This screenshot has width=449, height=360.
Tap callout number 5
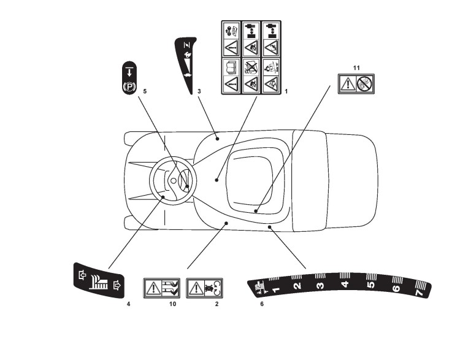click(145, 91)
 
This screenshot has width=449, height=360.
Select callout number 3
click(199, 91)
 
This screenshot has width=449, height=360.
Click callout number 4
click(128, 304)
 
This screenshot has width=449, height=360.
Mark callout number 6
click(262, 304)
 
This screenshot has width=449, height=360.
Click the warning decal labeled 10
click(162, 287)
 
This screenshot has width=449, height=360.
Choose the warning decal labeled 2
click(205, 287)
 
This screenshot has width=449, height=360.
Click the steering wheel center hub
click(173, 181)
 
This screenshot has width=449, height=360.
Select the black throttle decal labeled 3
click(185, 64)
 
